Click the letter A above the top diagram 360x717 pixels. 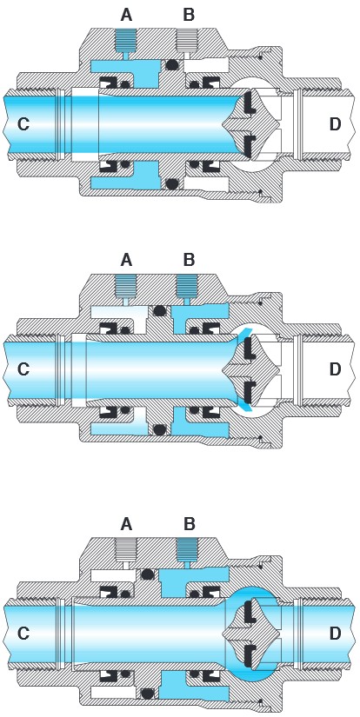126,15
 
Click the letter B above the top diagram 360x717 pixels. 189,15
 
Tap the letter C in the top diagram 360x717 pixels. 23,124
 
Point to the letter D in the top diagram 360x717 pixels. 336,124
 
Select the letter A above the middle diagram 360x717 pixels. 126,260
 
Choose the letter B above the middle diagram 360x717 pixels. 189,260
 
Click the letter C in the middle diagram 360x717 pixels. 23,368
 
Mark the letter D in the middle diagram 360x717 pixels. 336,368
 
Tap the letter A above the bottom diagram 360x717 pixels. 126,524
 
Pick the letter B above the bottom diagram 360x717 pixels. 189,524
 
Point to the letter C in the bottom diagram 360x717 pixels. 23,633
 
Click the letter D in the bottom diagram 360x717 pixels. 336,633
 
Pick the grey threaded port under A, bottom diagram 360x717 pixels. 126,549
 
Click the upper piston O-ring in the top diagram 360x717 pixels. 171,65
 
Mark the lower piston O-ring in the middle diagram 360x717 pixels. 159,430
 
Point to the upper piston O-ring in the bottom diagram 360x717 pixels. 147,574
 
